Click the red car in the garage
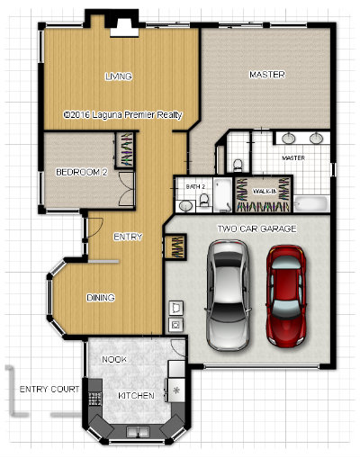pyautogui.click(x=286, y=296)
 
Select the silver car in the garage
pyautogui.click(x=228, y=295)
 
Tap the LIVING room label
pyautogui.click(x=119, y=76)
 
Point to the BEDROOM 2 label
pyautogui.click(x=82, y=172)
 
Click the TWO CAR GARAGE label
pyautogui.click(x=256, y=229)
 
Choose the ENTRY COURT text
pyautogui.click(x=49, y=390)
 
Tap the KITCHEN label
pyautogui.click(x=136, y=396)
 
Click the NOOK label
pyautogui.click(x=114, y=359)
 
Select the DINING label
pyautogui.click(x=101, y=298)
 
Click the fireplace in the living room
pyautogui.click(x=124, y=28)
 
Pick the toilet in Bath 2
pyautogui.click(x=204, y=200)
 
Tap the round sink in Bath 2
pyautogui.click(x=186, y=206)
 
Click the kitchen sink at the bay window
pyautogui.click(x=138, y=432)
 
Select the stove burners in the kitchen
pyautogui.click(x=94, y=398)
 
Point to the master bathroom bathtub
pyautogui.click(x=310, y=204)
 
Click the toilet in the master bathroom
pyautogui.click(x=238, y=166)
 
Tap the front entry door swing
pyautogui.click(x=95, y=227)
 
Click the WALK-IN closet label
pyautogui.click(x=265, y=192)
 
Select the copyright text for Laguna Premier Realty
pyautogui.click(x=123, y=115)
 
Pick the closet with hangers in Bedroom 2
pyautogui.click(x=124, y=149)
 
